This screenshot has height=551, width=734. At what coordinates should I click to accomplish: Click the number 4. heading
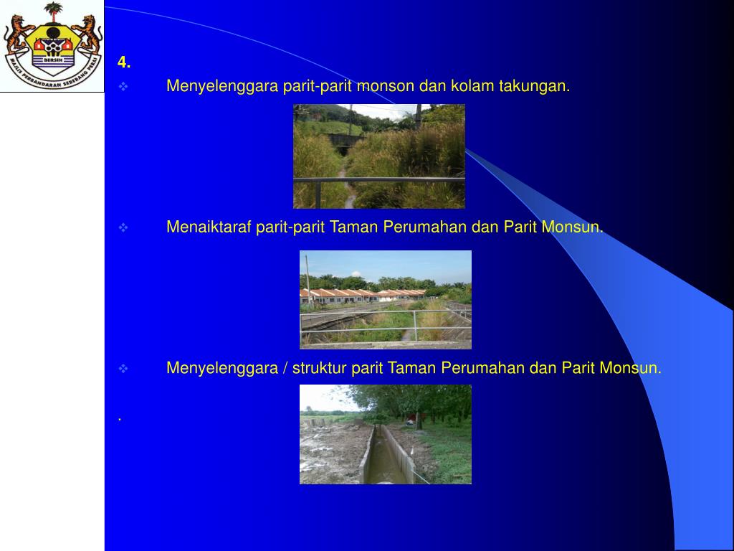124,62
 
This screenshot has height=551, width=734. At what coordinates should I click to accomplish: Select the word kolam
473,86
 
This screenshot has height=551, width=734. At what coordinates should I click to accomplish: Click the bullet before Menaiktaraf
123,228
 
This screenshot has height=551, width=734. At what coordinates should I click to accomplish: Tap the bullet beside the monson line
123,87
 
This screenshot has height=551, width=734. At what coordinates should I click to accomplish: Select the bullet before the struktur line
123,369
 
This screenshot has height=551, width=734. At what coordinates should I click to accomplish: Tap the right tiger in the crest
88,34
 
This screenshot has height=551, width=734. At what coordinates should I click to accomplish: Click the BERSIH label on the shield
53,61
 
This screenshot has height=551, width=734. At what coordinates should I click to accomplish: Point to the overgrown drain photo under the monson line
378,156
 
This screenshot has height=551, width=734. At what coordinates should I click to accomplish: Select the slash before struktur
285,368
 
